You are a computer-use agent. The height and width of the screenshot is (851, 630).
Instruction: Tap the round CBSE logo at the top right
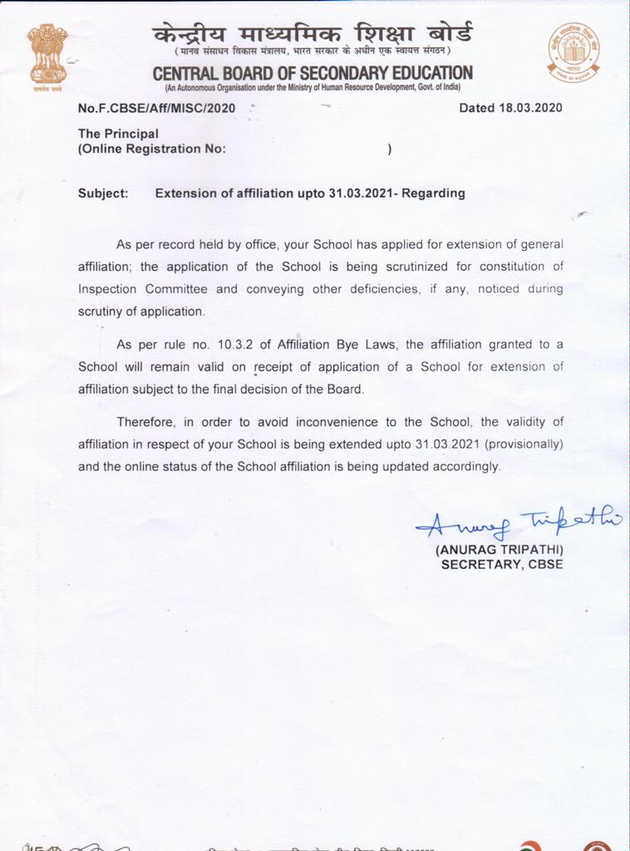click(573, 52)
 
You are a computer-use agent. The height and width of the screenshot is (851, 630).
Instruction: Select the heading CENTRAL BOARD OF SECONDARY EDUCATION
click(313, 73)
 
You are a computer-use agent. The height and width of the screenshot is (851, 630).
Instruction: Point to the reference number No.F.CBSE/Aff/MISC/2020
click(156, 108)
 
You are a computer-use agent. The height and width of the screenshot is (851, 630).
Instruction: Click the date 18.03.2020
click(533, 108)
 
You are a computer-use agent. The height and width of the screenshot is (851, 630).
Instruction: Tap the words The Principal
click(118, 133)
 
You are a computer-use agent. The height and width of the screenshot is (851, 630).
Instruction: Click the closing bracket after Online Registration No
click(389, 150)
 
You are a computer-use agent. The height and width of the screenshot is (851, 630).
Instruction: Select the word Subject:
click(103, 194)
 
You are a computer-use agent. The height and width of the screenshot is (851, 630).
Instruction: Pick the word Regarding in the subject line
click(434, 194)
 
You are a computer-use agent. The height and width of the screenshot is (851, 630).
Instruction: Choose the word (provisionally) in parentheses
click(526, 444)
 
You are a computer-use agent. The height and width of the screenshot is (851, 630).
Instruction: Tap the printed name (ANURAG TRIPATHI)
click(500, 550)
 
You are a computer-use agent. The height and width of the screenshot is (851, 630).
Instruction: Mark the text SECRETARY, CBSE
click(502, 564)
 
